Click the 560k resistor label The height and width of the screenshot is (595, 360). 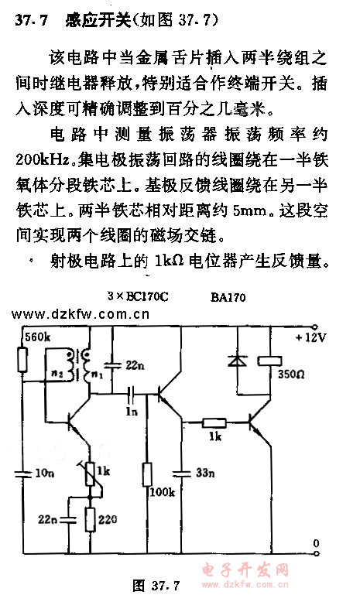[x=37, y=337]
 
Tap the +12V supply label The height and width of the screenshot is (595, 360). [x=311, y=337]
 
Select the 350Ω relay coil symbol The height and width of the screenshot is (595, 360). [x=270, y=361]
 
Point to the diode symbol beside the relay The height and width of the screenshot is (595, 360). [x=238, y=361]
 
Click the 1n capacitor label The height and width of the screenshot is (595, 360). [x=132, y=412]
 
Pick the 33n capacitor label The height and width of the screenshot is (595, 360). [x=205, y=473]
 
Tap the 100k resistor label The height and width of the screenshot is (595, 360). [x=162, y=492]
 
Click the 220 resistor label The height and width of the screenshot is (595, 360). [x=108, y=519]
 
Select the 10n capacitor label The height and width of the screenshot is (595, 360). [x=44, y=473]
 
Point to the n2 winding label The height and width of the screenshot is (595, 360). [x=57, y=374]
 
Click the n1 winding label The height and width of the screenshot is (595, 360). [x=98, y=375]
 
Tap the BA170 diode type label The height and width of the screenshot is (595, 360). [x=228, y=297]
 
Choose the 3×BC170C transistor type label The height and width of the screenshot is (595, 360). [x=138, y=296]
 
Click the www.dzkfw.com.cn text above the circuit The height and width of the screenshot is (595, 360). [x=80, y=314]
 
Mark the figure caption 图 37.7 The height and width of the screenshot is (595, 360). [x=156, y=585]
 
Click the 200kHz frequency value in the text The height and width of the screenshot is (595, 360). [x=42, y=159]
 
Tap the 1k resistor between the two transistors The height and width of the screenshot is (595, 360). [x=214, y=422]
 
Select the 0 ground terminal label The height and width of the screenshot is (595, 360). [x=316, y=543]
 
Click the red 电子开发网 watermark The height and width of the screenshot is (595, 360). [x=245, y=569]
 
